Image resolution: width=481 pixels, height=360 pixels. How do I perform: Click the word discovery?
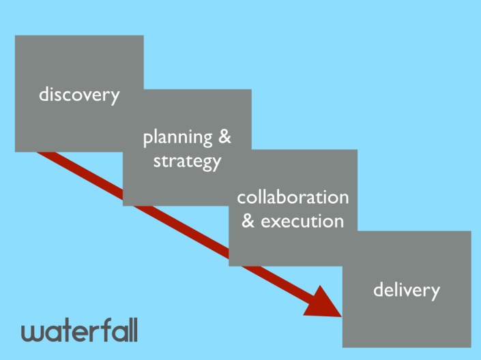pyautogui.click(x=79, y=95)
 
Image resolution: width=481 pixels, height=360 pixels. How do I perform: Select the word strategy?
pyautogui.click(x=187, y=162)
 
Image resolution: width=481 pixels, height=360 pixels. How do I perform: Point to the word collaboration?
pyautogui.click(x=293, y=198)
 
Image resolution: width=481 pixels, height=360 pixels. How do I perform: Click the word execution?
pyautogui.click(x=302, y=221)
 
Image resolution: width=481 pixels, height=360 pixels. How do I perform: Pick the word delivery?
pyautogui.click(x=407, y=290)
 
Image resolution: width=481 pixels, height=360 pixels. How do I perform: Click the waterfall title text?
pyautogui.click(x=79, y=331)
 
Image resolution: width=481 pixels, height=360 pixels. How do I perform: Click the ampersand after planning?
pyautogui.click(x=224, y=137)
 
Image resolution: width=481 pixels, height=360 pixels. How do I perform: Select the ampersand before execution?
pyautogui.click(x=249, y=221)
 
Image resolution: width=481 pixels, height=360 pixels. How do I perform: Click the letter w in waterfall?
pyautogui.click(x=32, y=333)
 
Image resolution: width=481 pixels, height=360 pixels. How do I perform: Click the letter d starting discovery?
pyautogui.click(x=44, y=94)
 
